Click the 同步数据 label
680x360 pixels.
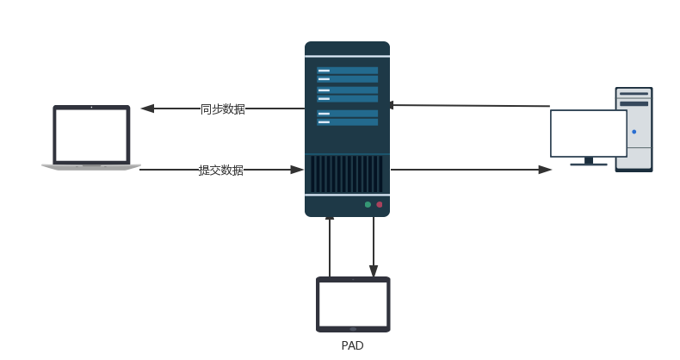coord(222,109)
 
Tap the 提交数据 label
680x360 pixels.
coord(221,171)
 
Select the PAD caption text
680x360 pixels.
coord(353,346)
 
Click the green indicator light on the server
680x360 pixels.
coord(368,205)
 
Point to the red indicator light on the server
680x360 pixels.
coord(380,205)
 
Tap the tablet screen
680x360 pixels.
coord(353,303)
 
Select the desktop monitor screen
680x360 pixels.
coord(589,133)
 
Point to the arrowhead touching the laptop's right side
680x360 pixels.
coord(146,109)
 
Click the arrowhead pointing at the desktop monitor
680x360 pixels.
coord(545,170)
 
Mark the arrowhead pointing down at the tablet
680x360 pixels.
coord(374,270)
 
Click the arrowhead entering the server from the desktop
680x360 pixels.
coord(389,105)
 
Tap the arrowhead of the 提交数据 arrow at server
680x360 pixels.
coord(299,170)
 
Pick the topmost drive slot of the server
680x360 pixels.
coord(347,71)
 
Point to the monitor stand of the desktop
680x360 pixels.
coord(590,161)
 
